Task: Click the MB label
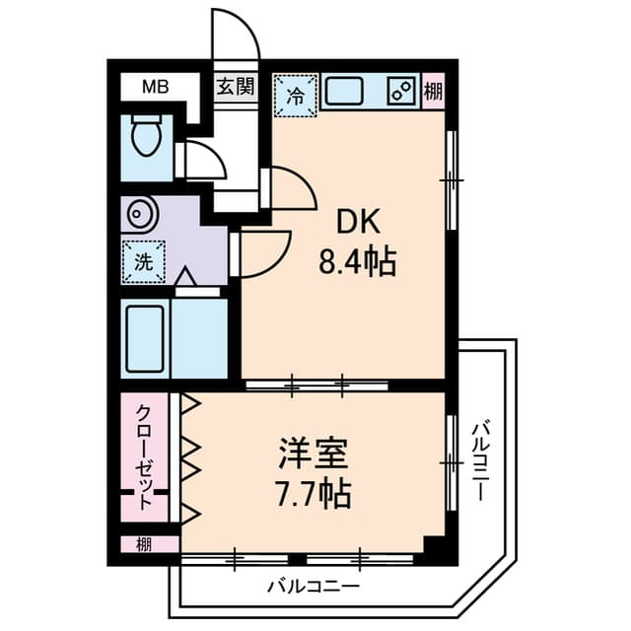(x=156, y=87)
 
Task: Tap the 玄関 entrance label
(x=235, y=87)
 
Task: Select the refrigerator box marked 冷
(x=296, y=96)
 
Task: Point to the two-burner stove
(x=401, y=92)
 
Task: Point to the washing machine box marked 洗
(x=144, y=262)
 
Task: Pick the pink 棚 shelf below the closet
(x=144, y=543)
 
